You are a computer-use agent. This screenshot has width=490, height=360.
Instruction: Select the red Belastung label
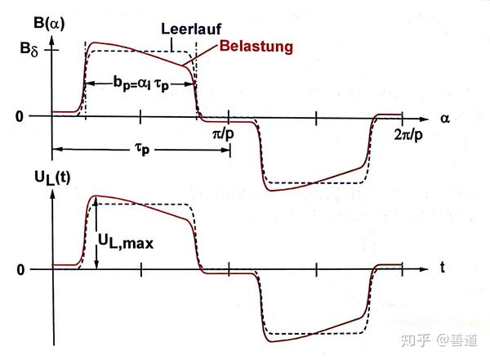259,47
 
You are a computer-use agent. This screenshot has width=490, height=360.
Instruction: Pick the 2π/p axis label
408,133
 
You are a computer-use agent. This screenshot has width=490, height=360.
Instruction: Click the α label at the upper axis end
445,118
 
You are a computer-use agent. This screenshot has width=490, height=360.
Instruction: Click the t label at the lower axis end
442,267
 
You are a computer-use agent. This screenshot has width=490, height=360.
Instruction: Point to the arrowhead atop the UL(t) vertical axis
52,184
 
